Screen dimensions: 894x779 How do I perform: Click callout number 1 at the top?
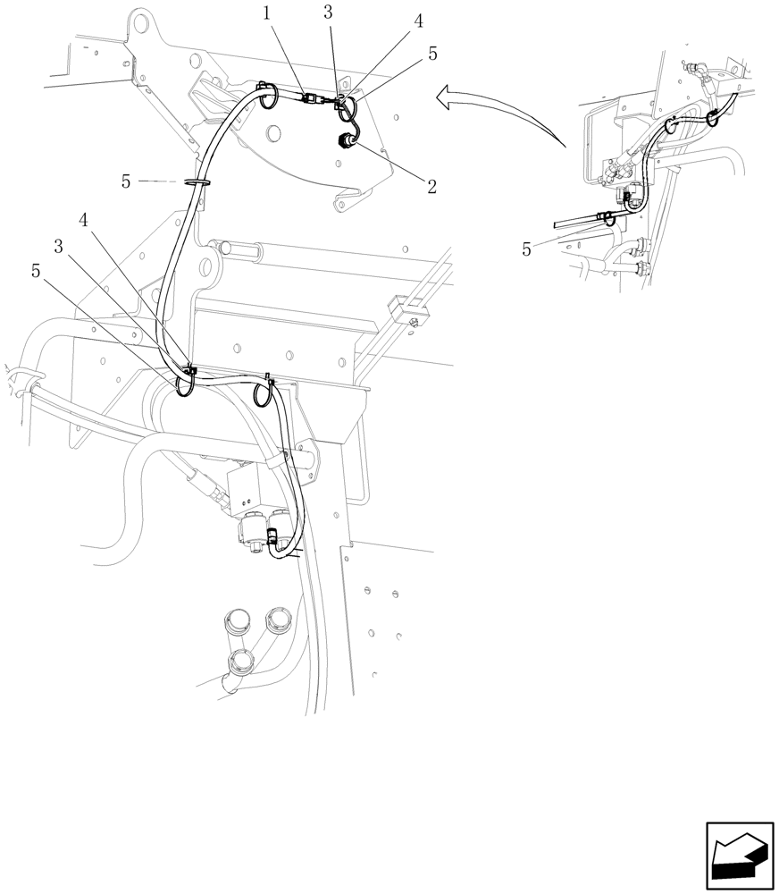click(266, 13)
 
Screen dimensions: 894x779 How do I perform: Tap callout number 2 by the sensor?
click(431, 187)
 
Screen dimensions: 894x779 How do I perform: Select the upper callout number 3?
click(329, 13)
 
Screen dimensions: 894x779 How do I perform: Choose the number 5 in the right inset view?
click(527, 250)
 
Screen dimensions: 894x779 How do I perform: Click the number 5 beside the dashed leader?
click(126, 181)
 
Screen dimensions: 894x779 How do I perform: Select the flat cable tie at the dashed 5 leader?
click(197, 181)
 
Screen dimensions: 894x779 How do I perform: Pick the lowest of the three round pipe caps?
click(241, 662)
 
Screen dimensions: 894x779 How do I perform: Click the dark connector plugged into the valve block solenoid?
click(272, 541)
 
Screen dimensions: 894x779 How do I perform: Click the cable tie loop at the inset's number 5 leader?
click(606, 215)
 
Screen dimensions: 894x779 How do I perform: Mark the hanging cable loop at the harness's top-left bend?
click(266, 95)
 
